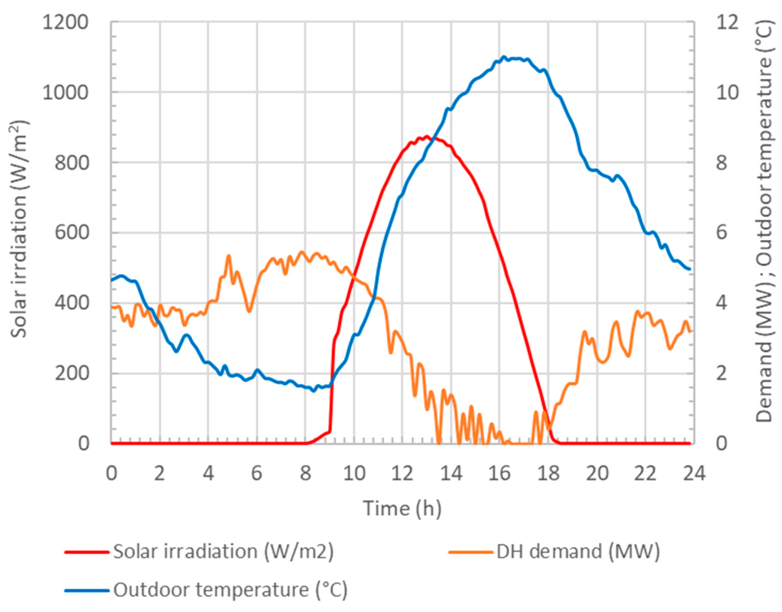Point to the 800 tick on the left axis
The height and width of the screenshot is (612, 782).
coord(71,163)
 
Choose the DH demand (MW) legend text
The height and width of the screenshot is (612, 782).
coord(578,551)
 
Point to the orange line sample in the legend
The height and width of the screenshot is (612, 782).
coord(470,552)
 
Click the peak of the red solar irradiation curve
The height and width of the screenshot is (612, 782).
coord(426,136)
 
